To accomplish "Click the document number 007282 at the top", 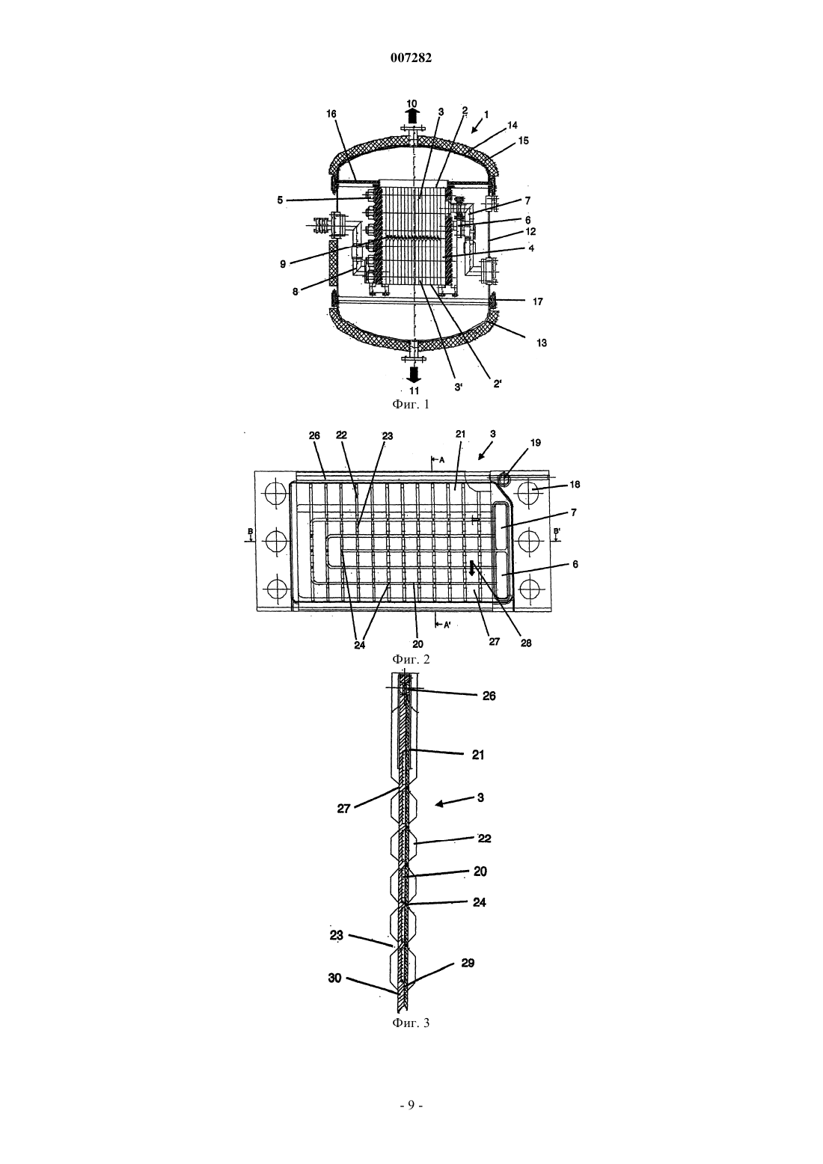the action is click(411, 58).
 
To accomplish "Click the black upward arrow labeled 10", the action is click(411, 116).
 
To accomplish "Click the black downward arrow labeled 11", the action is click(414, 374).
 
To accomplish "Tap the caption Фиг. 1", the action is click(411, 404).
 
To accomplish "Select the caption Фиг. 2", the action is click(411, 660).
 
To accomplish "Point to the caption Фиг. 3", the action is click(411, 1023).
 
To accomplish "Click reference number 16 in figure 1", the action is click(332, 114).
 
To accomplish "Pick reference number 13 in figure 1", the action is click(542, 343).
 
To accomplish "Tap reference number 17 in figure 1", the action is click(538, 301).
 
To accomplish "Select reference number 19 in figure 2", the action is click(535, 443).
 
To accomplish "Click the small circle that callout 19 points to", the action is click(502, 479).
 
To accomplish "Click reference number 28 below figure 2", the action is click(526, 643).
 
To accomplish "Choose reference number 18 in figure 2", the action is click(575, 484).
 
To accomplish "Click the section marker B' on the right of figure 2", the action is click(557, 531).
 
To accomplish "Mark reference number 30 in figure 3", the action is click(334, 978).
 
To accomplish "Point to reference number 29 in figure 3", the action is click(468, 963).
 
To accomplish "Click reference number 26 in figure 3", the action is click(489, 696).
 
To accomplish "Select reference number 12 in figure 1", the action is click(530, 232).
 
